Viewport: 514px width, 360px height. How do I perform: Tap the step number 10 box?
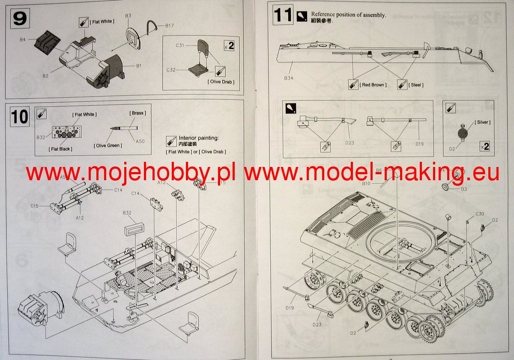click(x=20, y=116)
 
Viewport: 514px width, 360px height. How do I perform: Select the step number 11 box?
click(x=283, y=15)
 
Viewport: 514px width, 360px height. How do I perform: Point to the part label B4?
click(x=23, y=40)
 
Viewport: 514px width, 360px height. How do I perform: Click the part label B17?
click(x=170, y=27)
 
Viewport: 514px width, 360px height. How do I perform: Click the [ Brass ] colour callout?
click(x=137, y=113)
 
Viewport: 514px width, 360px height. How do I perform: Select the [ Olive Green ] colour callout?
click(x=108, y=146)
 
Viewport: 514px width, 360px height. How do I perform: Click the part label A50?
click(x=140, y=141)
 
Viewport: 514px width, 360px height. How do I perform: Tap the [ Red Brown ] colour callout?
click(x=373, y=85)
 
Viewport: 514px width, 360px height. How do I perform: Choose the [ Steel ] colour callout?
click(x=416, y=85)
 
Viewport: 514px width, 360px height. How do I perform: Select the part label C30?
click(x=480, y=214)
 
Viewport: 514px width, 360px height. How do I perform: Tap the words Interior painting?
click(x=199, y=138)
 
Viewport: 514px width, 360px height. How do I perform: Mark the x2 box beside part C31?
click(x=229, y=45)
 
